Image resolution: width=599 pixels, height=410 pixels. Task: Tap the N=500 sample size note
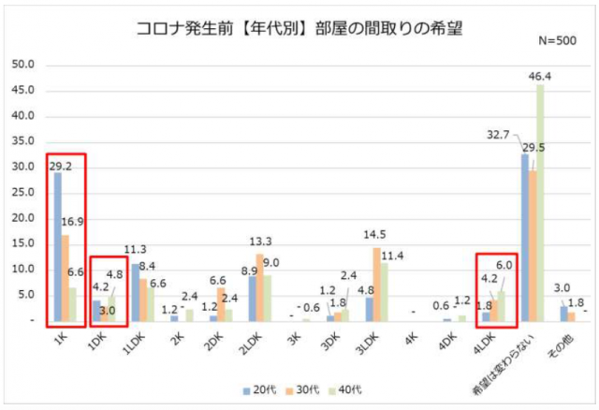click(x=558, y=43)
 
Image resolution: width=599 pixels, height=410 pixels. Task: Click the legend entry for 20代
click(x=252, y=388)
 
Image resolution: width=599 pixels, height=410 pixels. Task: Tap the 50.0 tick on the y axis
click(x=22, y=66)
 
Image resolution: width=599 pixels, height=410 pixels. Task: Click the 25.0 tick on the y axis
click(x=22, y=193)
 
